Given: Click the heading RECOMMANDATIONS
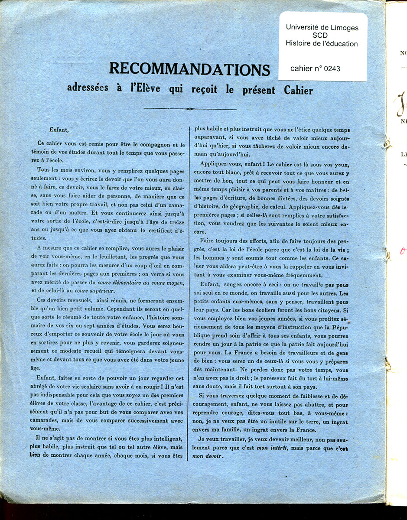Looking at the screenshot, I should [x=189, y=69].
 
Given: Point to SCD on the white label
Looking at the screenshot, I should [x=322, y=36].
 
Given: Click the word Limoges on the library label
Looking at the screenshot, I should [x=343, y=27].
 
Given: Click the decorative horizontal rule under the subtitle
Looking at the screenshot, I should [x=189, y=109].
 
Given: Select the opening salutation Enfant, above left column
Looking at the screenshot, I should [x=59, y=129].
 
